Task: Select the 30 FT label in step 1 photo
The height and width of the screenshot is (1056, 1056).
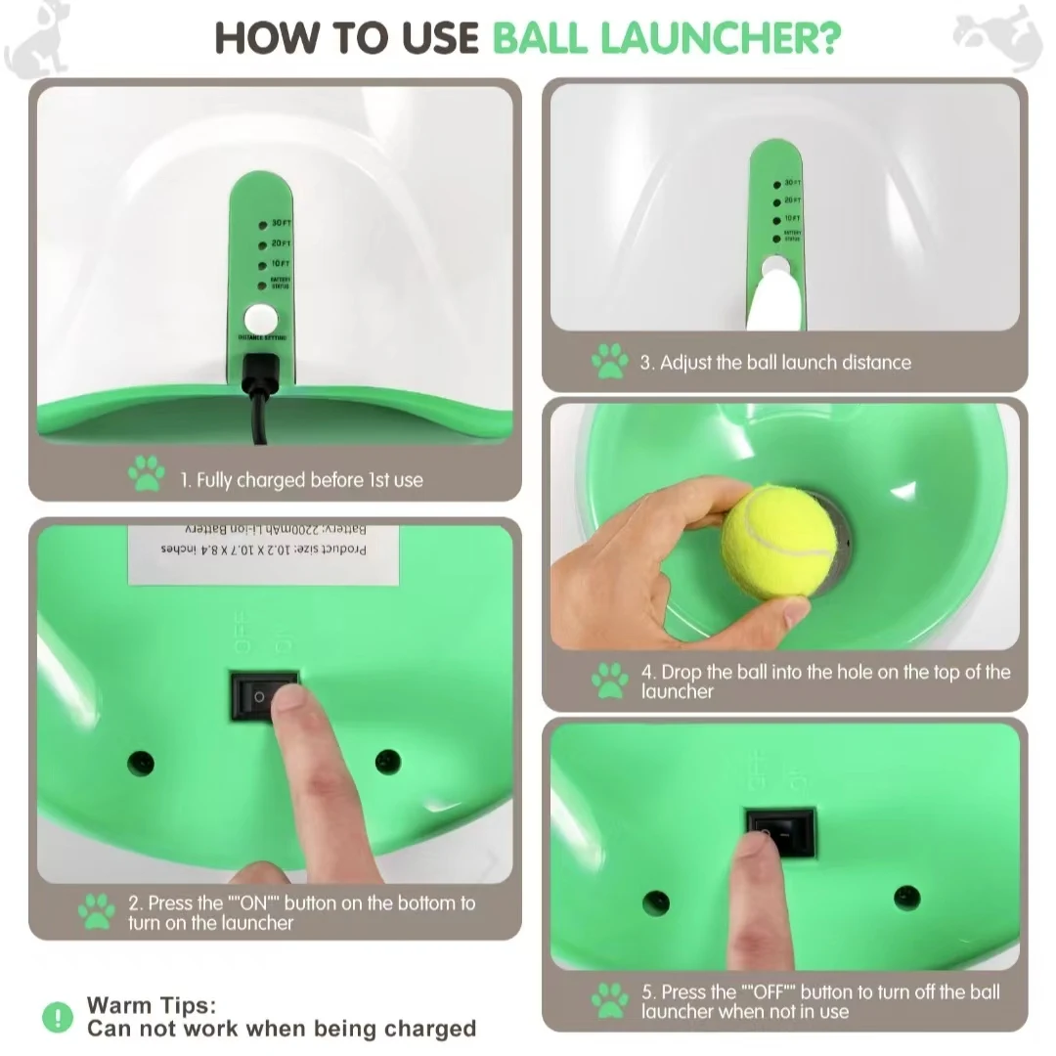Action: point(281,224)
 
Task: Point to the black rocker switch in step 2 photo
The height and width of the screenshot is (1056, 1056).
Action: point(264,695)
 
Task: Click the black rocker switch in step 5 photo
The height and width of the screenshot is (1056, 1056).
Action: point(780,832)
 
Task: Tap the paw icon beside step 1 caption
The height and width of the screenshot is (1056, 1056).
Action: point(147,474)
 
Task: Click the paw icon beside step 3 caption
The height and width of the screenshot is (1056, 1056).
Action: point(610,361)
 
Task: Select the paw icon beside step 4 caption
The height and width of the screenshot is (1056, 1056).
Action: point(610,680)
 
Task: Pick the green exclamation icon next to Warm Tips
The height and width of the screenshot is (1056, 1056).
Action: point(58,1017)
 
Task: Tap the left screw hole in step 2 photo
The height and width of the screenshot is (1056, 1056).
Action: point(142,762)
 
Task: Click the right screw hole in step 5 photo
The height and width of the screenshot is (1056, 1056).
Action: point(906,897)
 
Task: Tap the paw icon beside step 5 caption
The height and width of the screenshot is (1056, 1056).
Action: point(610,1000)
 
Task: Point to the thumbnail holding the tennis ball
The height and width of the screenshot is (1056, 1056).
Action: point(794,612)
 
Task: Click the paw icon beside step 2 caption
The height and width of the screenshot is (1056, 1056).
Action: point(97,911)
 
